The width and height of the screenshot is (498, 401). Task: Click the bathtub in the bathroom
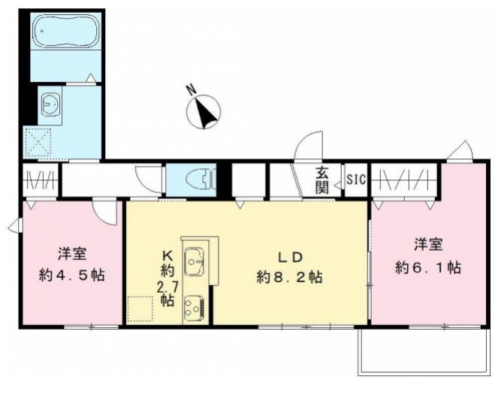66,31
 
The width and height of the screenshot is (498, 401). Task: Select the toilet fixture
201,180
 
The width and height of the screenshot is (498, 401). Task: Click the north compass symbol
204,112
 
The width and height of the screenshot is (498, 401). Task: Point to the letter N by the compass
192,90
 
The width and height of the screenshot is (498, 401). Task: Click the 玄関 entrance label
321,181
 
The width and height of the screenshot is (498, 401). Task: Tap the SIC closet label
356,180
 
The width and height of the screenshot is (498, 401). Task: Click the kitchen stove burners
193,309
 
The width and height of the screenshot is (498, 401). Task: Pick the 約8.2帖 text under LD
289,277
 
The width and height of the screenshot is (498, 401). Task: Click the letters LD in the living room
290,258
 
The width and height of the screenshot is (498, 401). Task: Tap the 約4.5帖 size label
71,275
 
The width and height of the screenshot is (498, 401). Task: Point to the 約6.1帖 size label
428,267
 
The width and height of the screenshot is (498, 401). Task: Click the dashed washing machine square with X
38,142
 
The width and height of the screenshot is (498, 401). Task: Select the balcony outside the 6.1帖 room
424,351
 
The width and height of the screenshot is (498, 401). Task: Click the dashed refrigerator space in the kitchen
140,309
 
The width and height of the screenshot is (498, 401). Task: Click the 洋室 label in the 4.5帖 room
72,255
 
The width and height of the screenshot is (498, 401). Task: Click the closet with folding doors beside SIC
404,180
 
